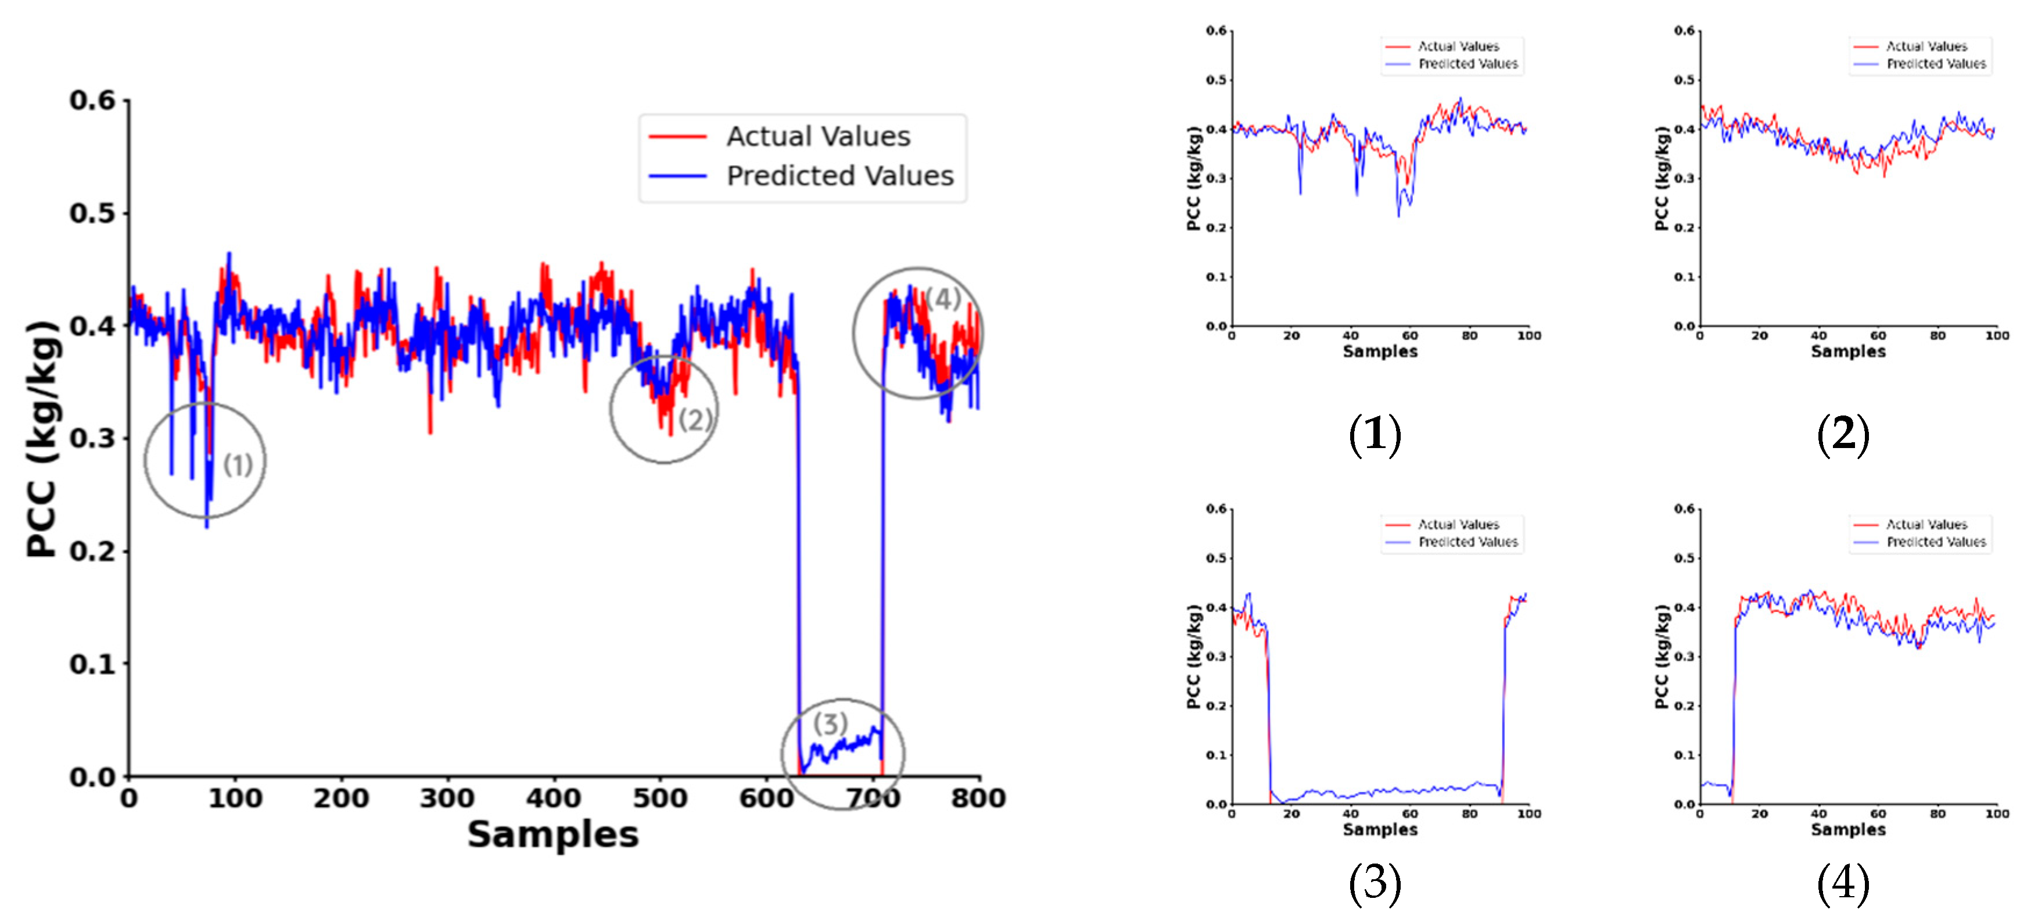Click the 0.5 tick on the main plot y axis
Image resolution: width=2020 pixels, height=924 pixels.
pos(92,213)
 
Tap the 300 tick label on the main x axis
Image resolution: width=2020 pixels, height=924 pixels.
pos(446,798)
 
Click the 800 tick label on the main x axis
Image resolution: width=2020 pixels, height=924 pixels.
pos(977,798)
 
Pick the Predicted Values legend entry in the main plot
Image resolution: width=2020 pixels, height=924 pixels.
pos(839,176)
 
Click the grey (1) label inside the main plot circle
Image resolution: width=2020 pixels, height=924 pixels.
pos(238,464)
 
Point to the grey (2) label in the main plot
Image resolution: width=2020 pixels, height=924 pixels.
pos(695,420)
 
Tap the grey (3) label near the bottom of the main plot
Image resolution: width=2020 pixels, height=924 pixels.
pos(830,723)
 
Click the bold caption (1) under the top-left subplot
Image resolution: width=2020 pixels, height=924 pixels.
pos(1374,433)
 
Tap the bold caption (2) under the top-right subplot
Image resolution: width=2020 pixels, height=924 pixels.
pos(1842,433)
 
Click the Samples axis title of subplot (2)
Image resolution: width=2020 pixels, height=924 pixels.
pos(1847,352)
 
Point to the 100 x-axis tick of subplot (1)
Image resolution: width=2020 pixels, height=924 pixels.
pos(1529,336)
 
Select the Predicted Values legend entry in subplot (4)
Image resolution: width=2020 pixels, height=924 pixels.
pos(1935,542)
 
